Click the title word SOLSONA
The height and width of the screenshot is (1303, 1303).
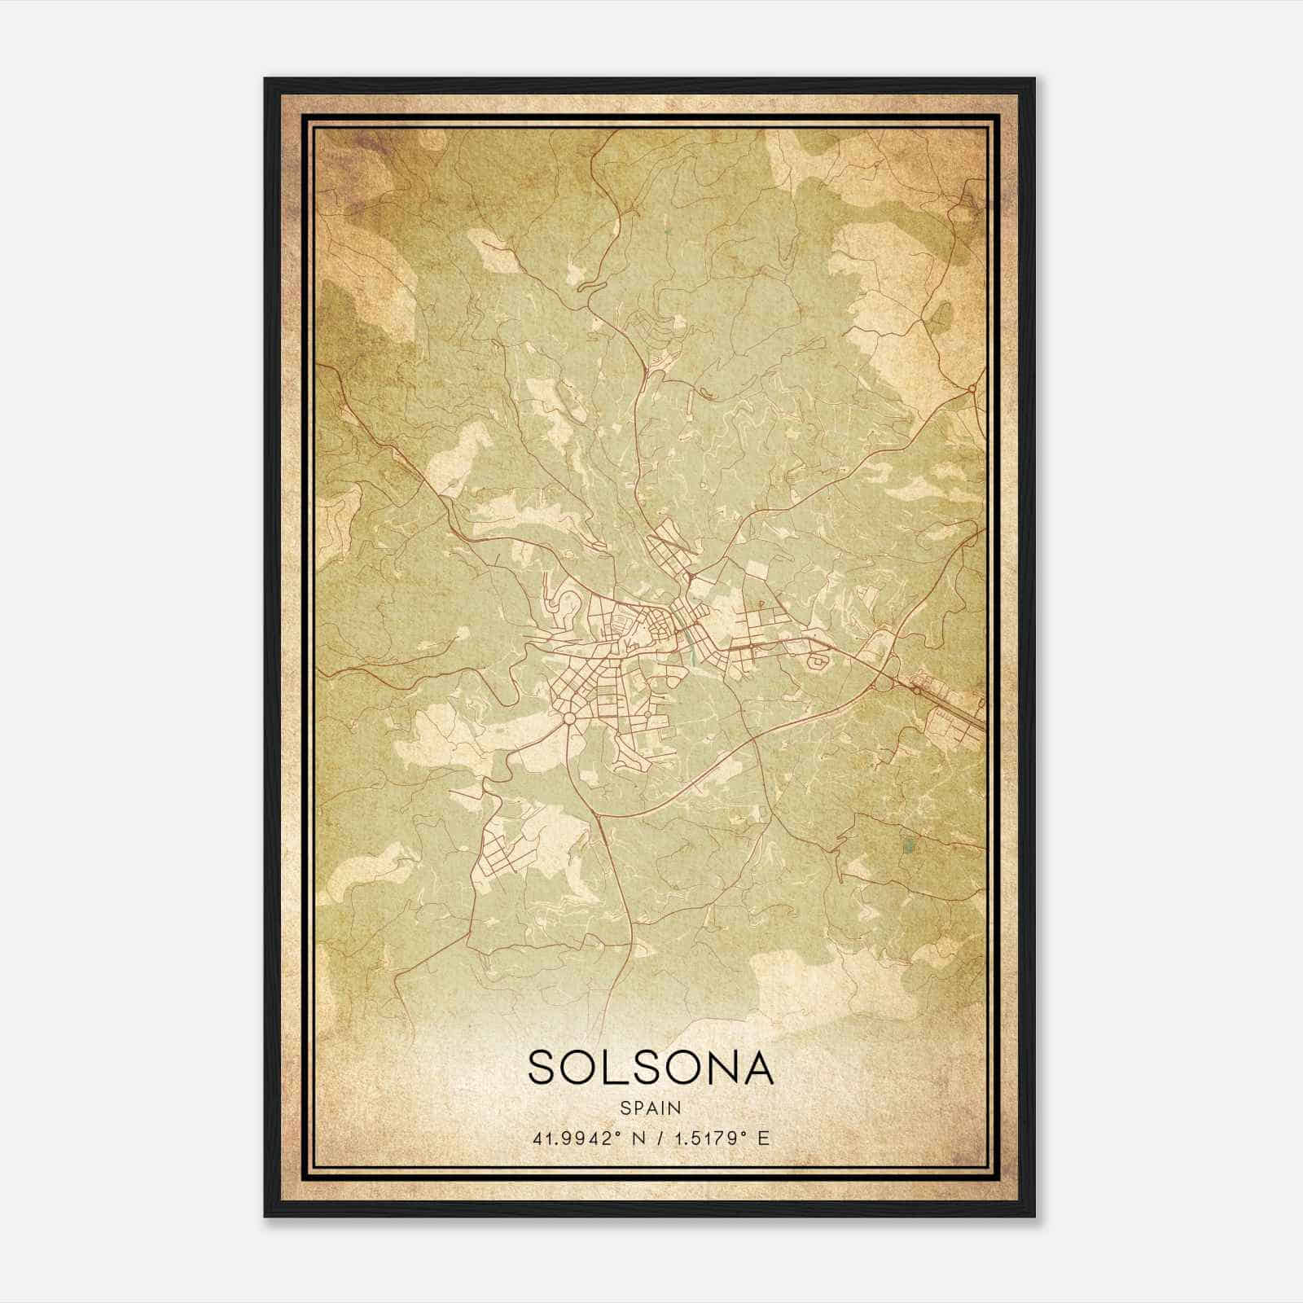[x=651, y=1067]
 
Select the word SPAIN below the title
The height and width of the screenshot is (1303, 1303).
[x=651, y=1108]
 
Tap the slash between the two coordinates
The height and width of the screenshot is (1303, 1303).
[x=653, y=1138]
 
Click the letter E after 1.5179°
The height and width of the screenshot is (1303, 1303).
[x=762, y=1138]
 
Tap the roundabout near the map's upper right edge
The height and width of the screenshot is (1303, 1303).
[x=972, y=389]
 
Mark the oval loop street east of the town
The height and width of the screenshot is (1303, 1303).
[x=816, y=664]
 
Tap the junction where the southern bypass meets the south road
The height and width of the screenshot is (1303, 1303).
[x=597, y=813]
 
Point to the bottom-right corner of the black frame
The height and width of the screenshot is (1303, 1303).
[x=1034, y=1216]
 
